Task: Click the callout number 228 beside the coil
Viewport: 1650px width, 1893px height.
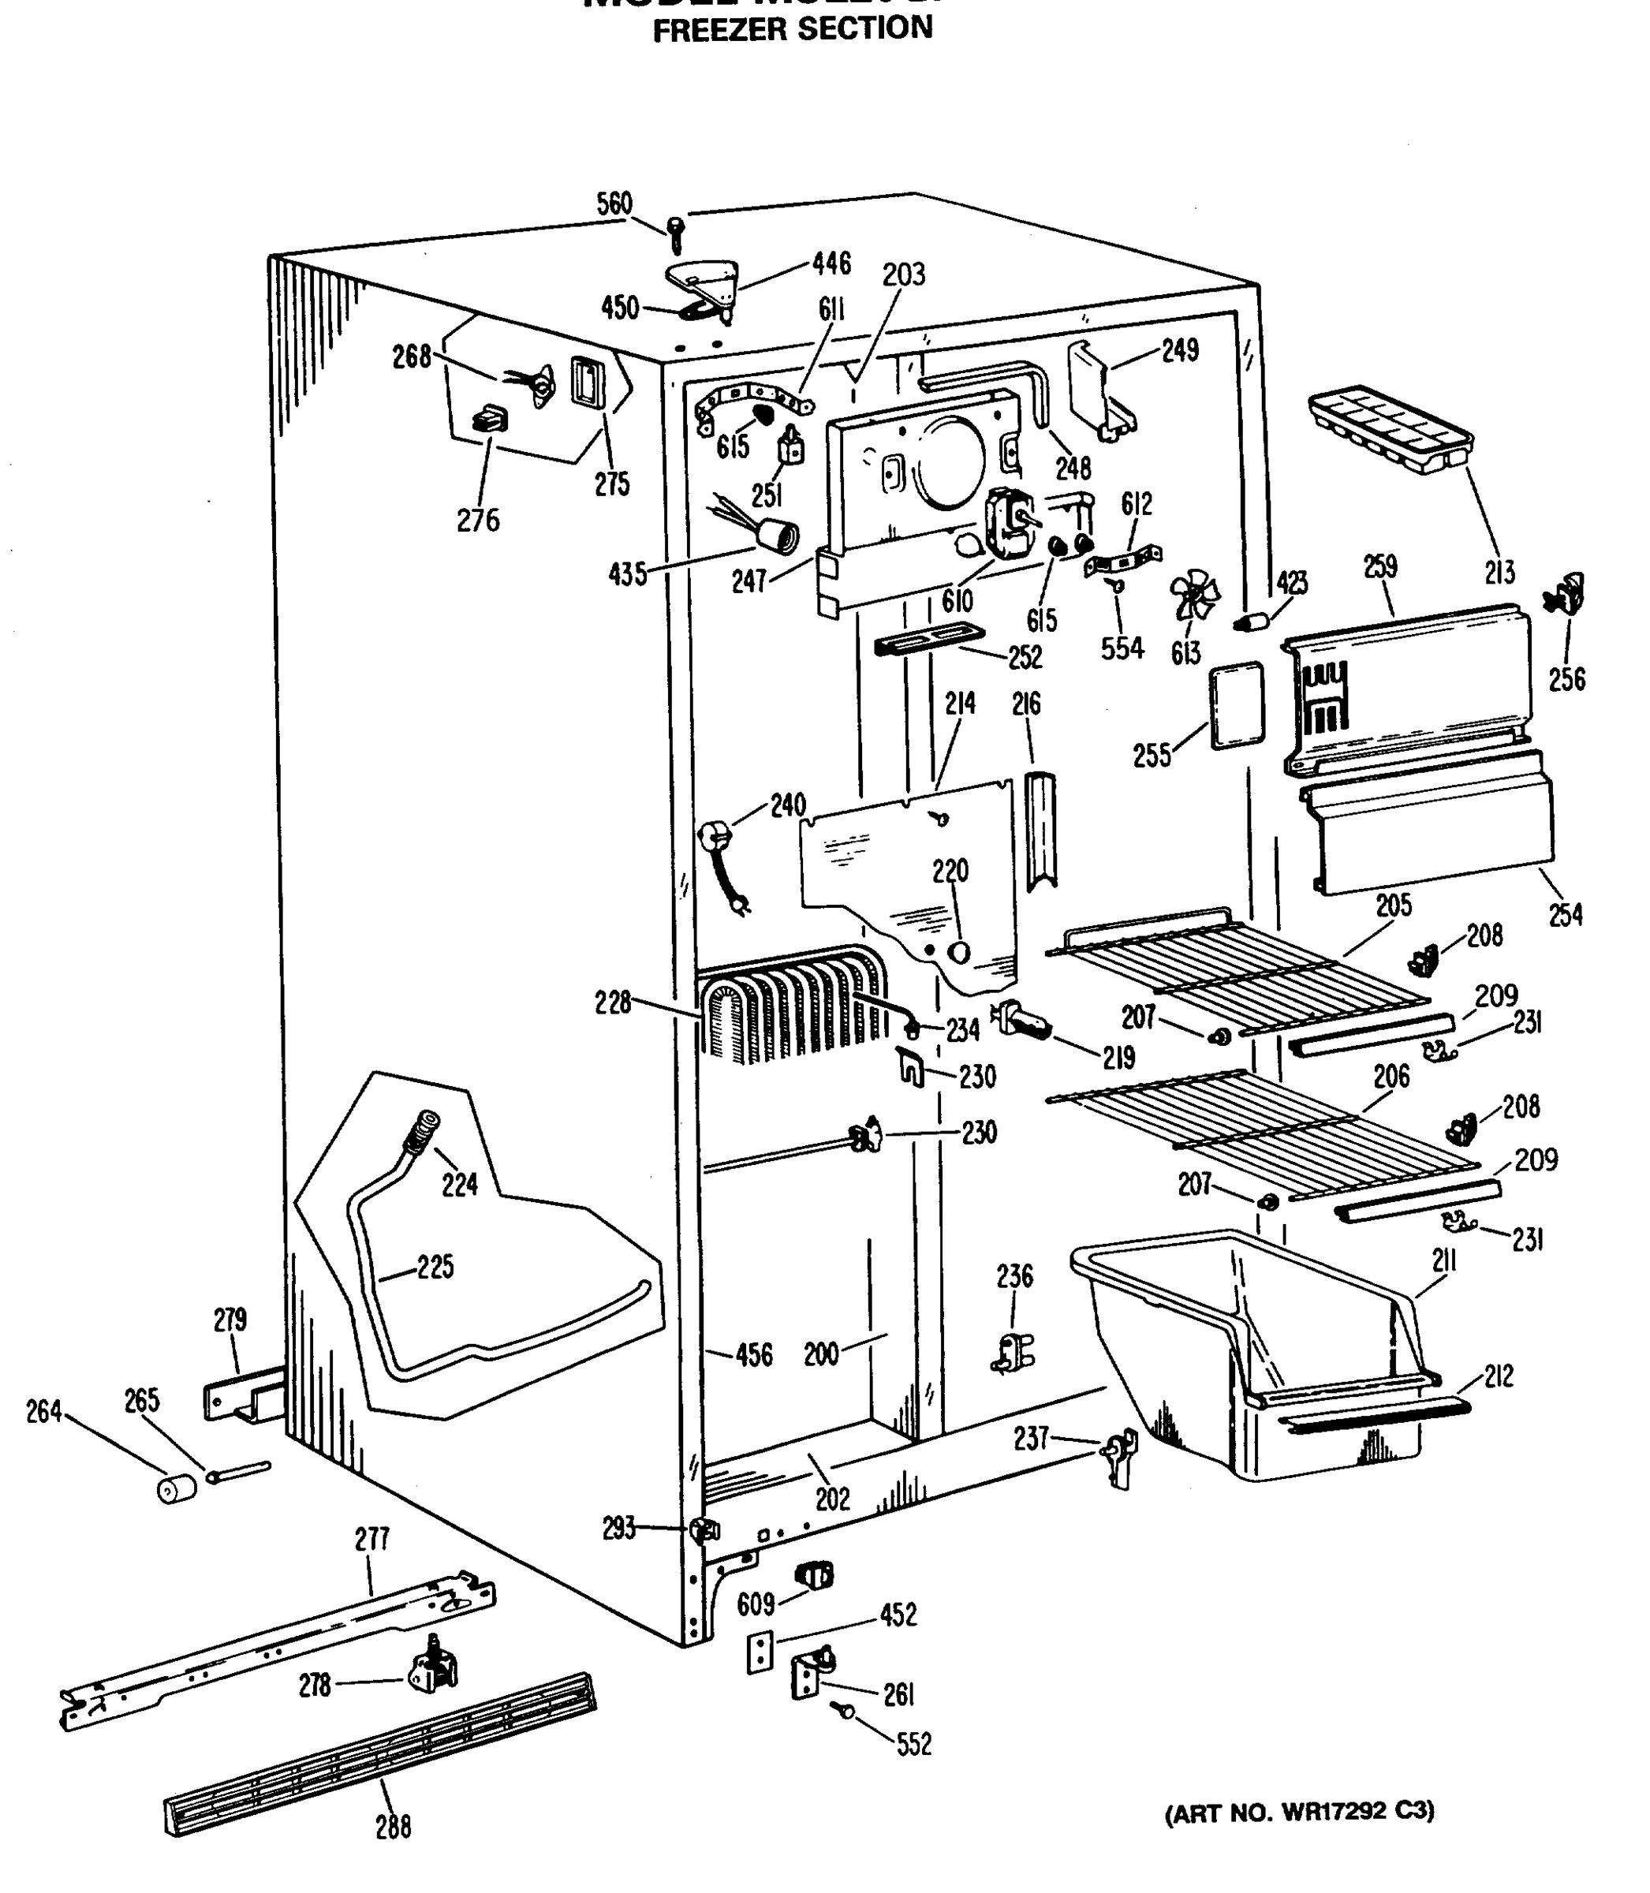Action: click(613, 1003)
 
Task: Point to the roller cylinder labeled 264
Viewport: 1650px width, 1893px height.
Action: click(177, 1489)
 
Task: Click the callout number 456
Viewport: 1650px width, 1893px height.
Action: click(753, 1355)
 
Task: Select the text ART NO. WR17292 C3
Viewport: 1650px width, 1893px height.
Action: click(1299, 1812)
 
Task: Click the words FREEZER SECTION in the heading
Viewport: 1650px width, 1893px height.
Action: click(792, 28)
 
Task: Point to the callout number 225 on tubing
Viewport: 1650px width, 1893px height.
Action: click(435, 1267)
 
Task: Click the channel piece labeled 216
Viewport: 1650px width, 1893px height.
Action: click(1040, 831)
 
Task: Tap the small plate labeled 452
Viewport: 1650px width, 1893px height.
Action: click(760, 1652)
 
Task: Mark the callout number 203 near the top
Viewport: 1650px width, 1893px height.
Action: click(903, 274)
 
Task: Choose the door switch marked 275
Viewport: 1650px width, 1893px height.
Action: click(588, 382)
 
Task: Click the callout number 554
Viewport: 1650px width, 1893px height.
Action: click(1122, 648)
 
